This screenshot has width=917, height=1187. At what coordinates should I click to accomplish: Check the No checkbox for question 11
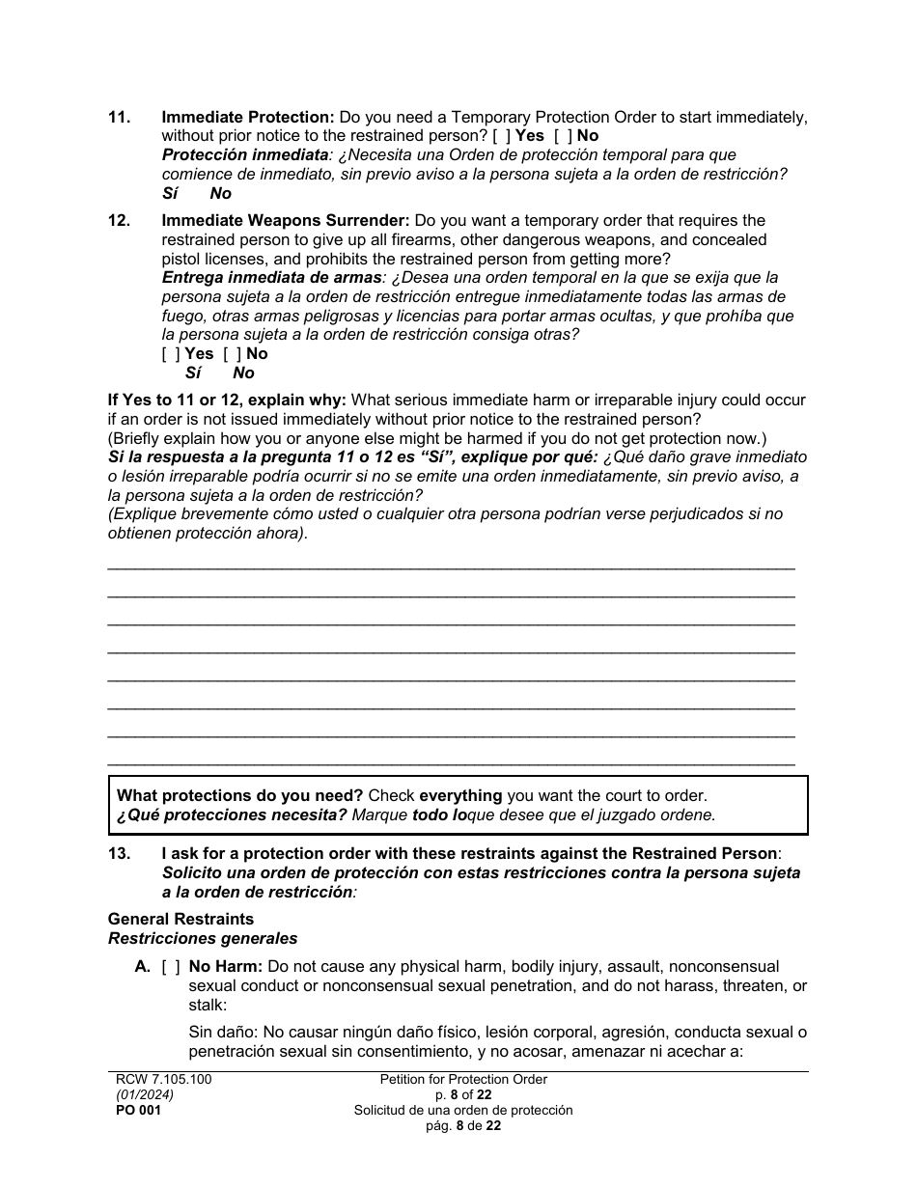pos(563,136)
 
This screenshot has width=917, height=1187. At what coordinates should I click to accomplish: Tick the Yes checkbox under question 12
pos(171,353)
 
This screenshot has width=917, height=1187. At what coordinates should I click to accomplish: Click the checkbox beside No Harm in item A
pos(171,966)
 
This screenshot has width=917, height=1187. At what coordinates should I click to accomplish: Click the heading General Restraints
pos(181,919)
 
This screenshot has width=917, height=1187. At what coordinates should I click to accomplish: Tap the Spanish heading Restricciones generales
pos(203,938)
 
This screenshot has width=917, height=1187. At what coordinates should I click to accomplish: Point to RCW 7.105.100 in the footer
pos(159,1080)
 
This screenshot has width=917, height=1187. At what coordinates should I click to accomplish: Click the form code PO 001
pos(134,1111)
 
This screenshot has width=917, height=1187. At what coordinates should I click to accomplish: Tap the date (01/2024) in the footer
pos(139,1095)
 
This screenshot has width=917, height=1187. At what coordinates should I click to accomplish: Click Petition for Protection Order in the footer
pos(463,1080)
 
